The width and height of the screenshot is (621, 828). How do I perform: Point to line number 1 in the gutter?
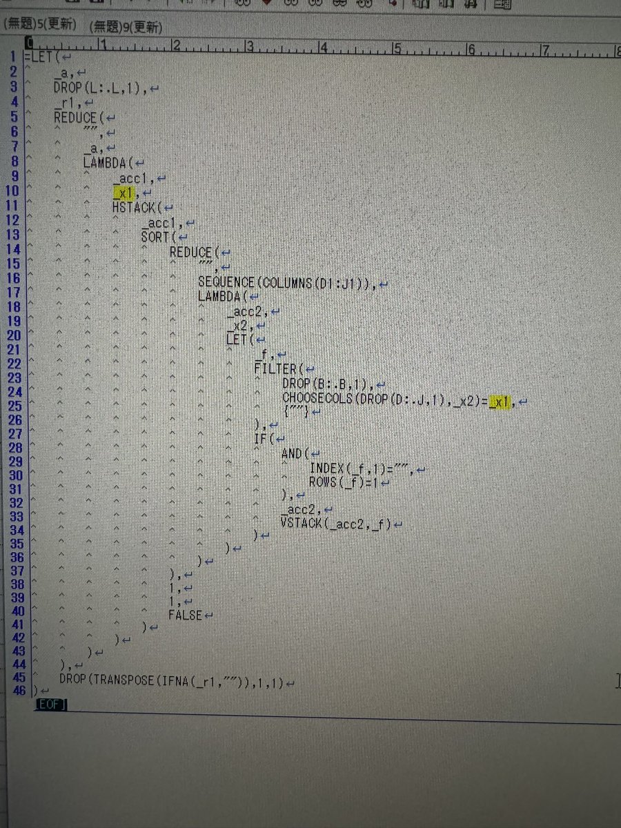[13, 57]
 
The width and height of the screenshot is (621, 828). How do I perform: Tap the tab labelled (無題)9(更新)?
[125, 27]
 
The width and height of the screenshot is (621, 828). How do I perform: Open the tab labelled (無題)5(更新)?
[40, 23]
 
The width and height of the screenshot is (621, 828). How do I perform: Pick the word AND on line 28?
[292, 454]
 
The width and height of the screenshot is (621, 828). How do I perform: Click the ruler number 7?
[544, 48]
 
